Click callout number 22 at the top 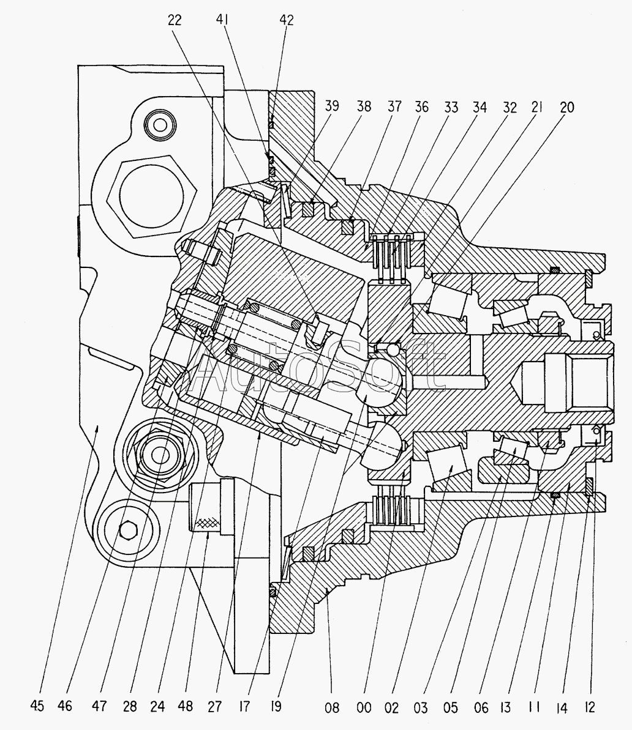[175, 20]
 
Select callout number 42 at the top [286, 20]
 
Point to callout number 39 [332, 106]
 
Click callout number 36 [421, 107]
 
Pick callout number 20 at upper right [566, 107]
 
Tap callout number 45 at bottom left [37, 706]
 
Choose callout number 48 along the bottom [185, 706]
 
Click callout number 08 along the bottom [332, 708]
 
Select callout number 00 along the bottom [364, 708]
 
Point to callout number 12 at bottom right [590, 707]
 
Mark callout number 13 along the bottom [505, 707]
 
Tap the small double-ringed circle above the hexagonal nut [160, 125]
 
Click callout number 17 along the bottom [244, 706]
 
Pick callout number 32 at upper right [510, 108]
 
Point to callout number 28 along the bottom [130, 706]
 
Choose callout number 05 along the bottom [451, 708]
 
